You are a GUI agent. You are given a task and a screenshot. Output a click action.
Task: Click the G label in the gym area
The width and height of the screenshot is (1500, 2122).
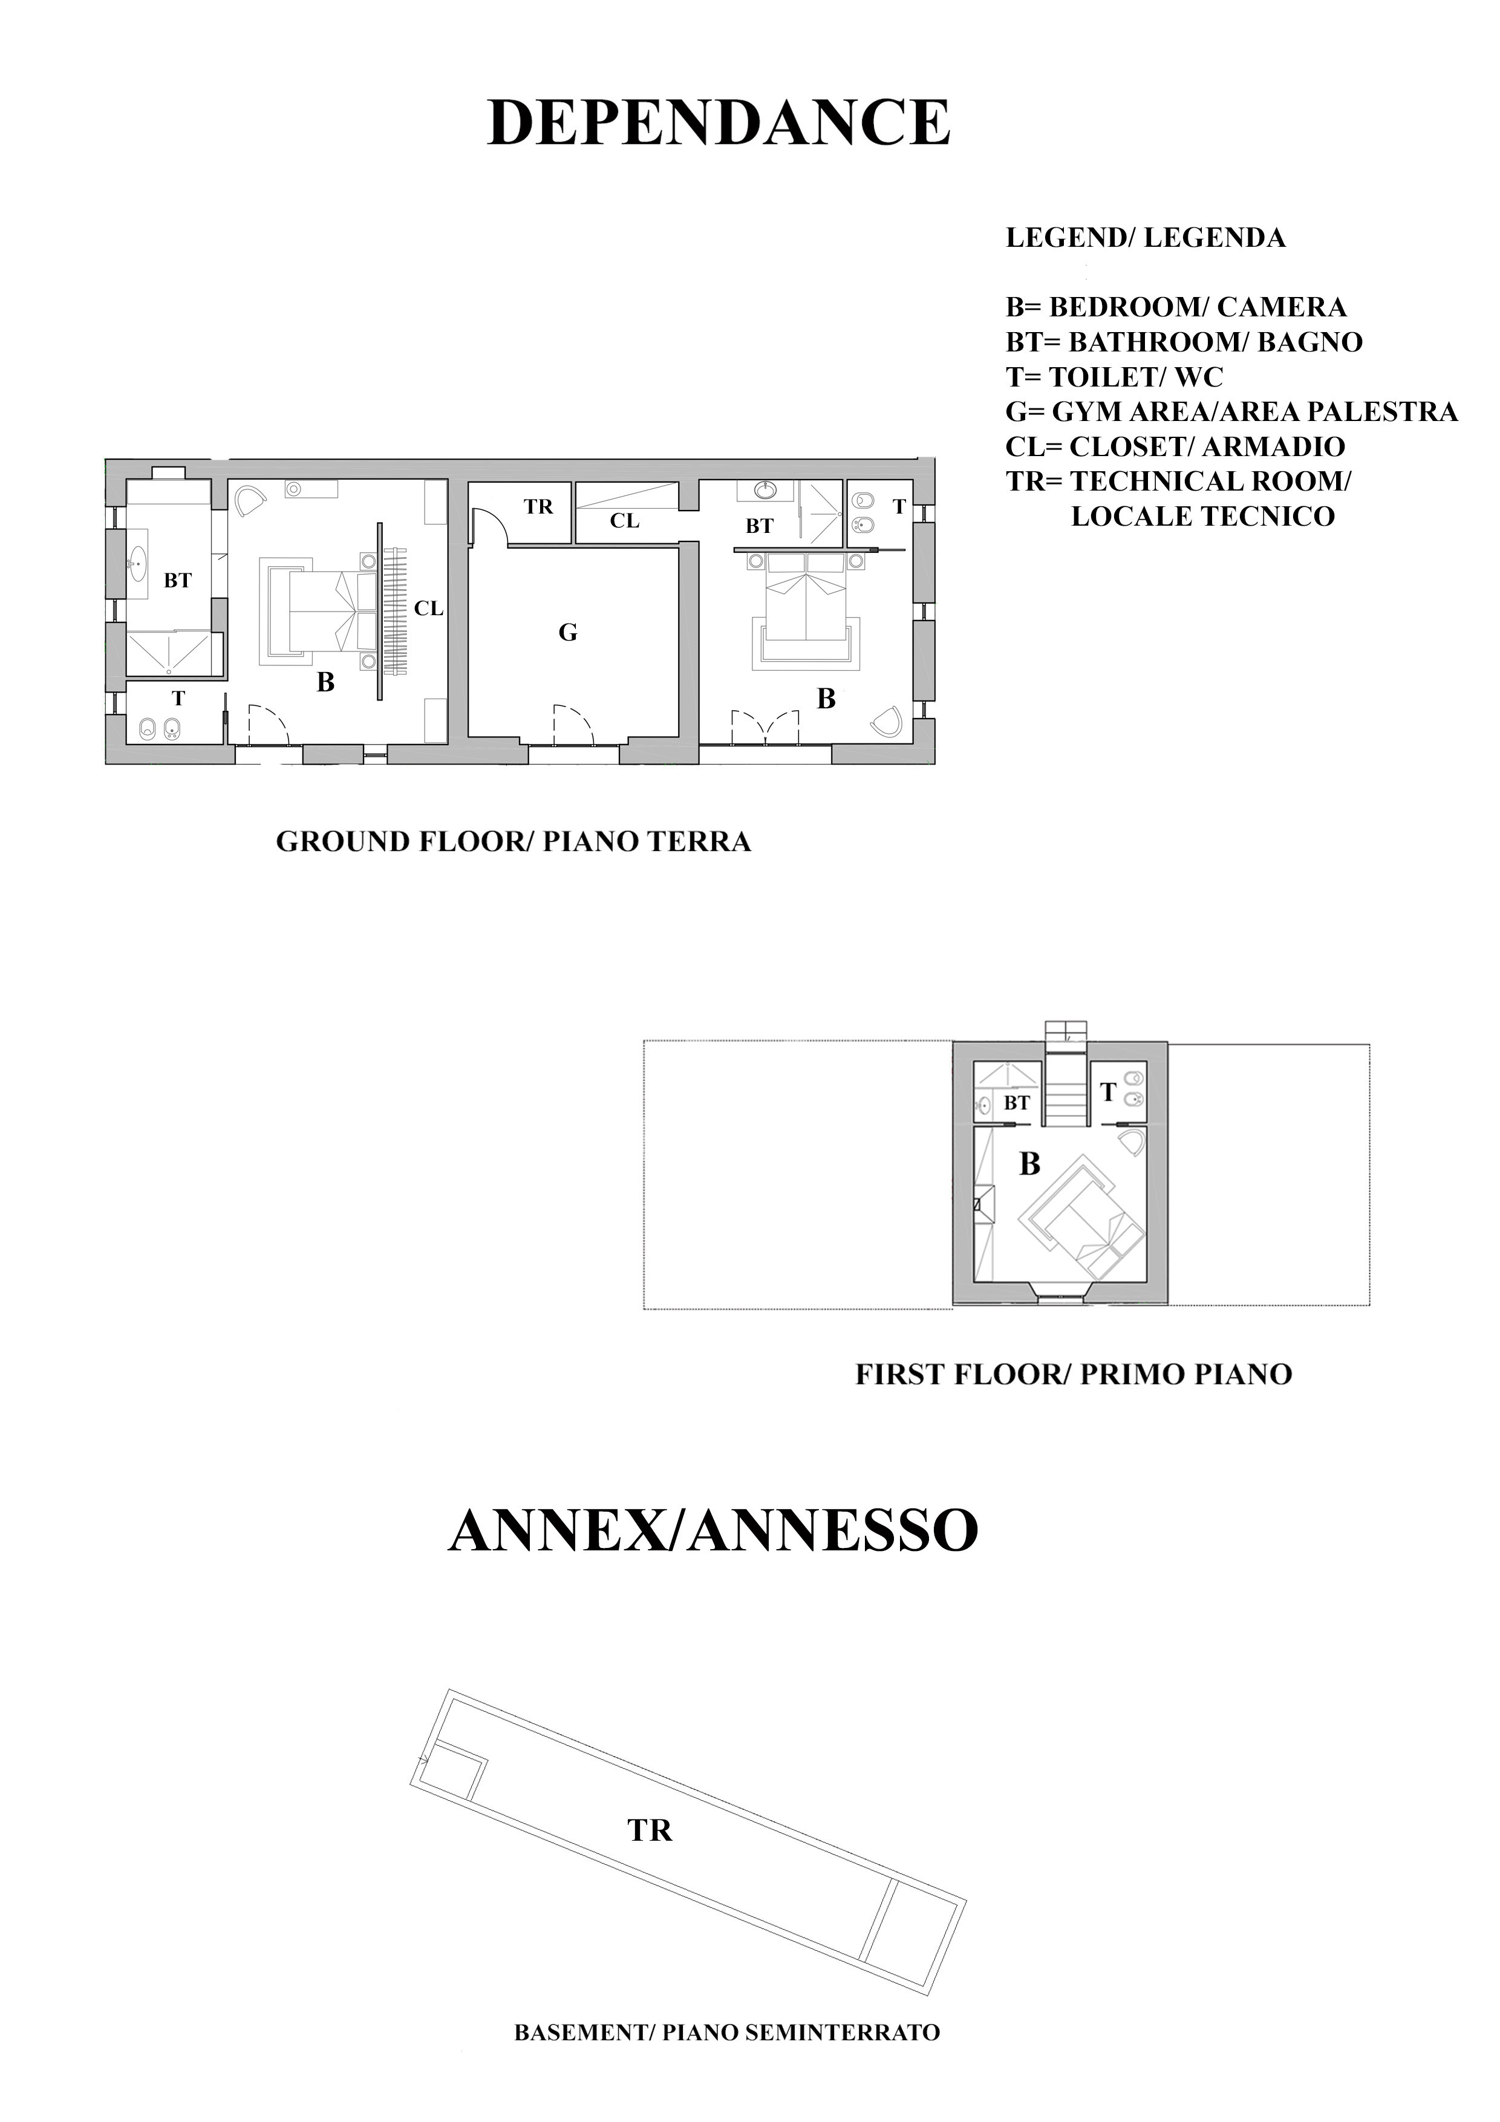coord(569,633)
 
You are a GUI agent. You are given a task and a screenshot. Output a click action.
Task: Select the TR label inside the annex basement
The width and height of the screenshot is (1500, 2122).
coord(650,1830)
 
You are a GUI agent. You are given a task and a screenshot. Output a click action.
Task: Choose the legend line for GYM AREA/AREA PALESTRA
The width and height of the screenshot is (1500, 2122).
coord(1231,411)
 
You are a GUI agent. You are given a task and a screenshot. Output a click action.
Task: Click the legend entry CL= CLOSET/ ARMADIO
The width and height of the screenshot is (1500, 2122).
coord(1175,446)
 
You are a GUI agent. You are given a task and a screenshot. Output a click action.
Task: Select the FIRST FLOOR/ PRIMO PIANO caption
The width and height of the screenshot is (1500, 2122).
coord(1073,1374)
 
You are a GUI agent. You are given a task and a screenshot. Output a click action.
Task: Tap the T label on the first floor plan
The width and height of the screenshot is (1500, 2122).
coord(1108,1093)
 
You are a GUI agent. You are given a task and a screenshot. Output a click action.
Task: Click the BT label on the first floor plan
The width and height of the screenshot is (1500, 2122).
coord(1017,1103)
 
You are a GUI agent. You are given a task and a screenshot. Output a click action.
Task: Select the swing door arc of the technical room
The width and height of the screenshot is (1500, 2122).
coord(490,527)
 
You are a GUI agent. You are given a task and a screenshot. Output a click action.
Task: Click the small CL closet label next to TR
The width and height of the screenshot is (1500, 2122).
coord(625,521)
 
